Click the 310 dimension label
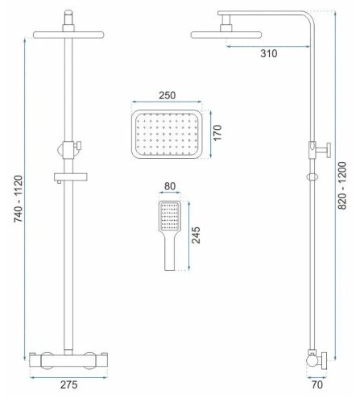(269, 53)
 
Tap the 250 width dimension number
(167, 95)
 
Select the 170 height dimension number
(217, 132)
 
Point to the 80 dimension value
(170, 186)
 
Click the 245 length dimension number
(196, 235)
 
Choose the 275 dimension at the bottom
(68, 384)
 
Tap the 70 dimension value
(317, 384)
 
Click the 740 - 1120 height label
(19, 199)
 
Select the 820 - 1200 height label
(342, 185)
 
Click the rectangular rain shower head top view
(167, 134)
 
